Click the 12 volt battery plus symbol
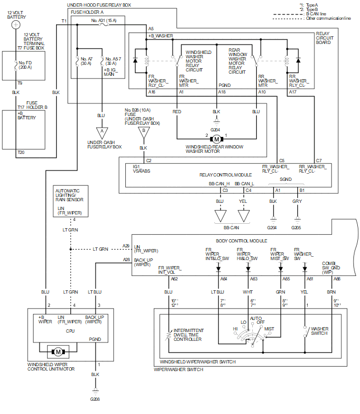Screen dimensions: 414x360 (x=16, y=25)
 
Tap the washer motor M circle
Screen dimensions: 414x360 (x=217, y=139)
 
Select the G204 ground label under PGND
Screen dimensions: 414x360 (x=217, y=130)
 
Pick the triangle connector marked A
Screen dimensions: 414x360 (x=101, y=133)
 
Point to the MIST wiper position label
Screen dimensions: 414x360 (x=269, y=329)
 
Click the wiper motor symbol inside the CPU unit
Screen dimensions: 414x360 (x=58, y=351)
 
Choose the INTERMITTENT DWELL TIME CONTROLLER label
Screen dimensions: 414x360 (x=186, y=335)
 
